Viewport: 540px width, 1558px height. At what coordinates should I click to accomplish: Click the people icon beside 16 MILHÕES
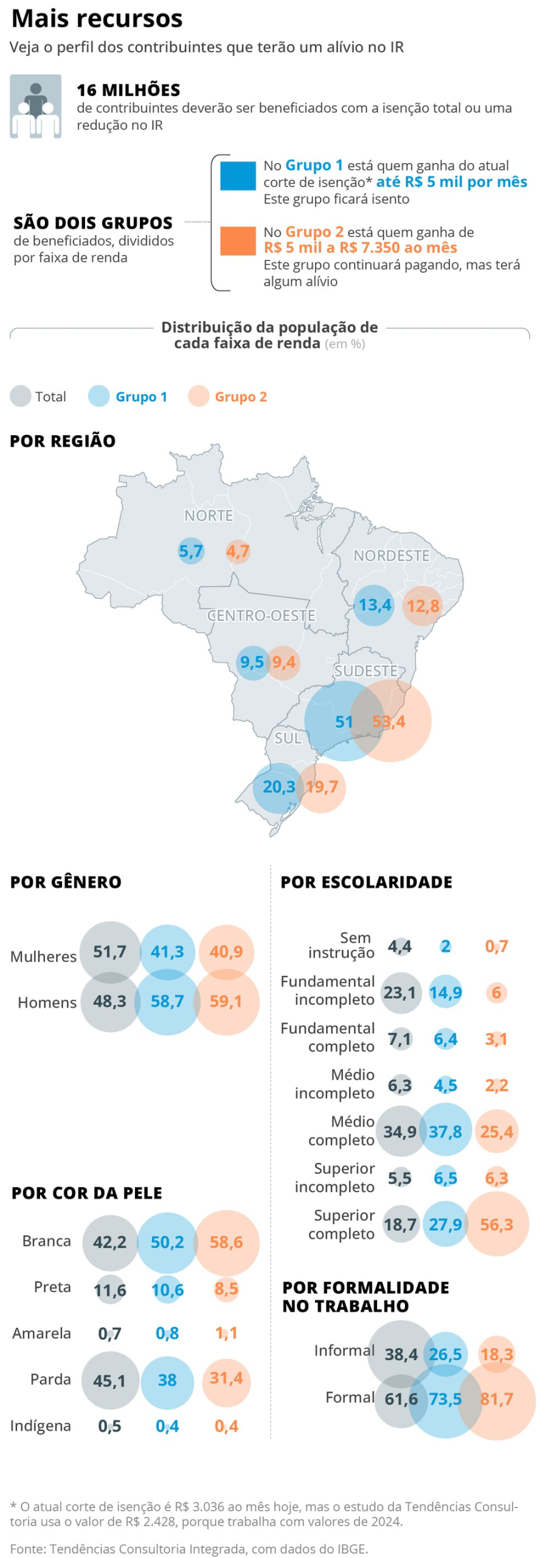(x=35, y=107)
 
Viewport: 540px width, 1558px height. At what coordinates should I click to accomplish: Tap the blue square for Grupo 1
(x=237, y=176)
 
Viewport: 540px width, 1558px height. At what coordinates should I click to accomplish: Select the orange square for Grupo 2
(x=237, y=241)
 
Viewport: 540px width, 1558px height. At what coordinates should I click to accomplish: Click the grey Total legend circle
(x=20, y=396)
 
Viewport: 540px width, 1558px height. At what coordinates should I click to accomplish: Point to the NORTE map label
(x=209, y=515)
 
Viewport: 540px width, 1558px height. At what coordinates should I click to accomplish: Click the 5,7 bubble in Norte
(x=191, y=551)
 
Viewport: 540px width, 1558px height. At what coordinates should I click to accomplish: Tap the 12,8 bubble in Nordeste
(x=423, y=606)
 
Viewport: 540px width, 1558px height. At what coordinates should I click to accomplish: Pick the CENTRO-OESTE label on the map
(x=261, y=615)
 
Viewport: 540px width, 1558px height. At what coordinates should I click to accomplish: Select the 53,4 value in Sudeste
(x=389, y=721)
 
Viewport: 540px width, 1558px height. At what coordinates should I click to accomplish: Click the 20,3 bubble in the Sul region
(x=279, y=787)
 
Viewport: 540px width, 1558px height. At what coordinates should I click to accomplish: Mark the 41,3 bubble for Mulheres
(x=167, y=951)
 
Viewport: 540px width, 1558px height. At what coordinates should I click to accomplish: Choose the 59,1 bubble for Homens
(x=226, y=1001)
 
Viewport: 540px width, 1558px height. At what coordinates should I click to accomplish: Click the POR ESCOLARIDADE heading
(x=366, y=882)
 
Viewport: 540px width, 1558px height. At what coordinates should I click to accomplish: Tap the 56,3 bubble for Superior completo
(x=497, y=1224)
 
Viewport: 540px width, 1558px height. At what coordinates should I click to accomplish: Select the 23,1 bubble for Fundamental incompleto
(x=400, y=993)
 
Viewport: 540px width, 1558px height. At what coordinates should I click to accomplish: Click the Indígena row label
(x=40, y=1426)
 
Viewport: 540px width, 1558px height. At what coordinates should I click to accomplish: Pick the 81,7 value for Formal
(x=497, y=1399)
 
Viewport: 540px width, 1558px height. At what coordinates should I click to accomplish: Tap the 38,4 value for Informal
(x=401, y=1354)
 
